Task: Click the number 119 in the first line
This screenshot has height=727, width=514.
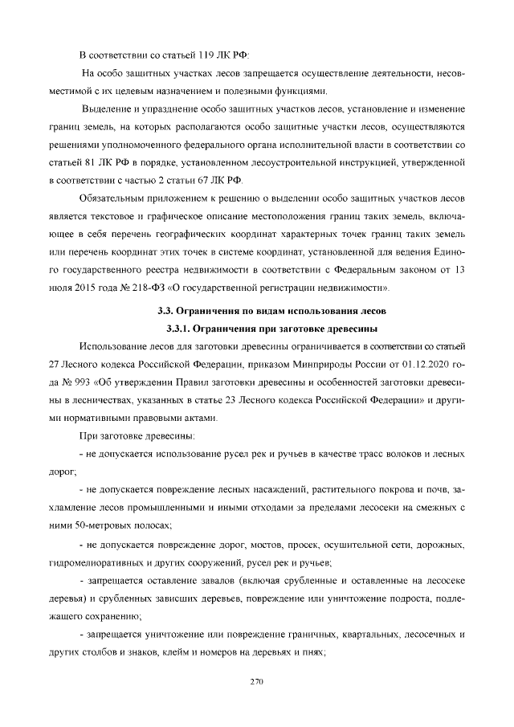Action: tap(204, 55)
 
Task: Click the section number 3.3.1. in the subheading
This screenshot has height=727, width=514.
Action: tap(185, 328)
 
